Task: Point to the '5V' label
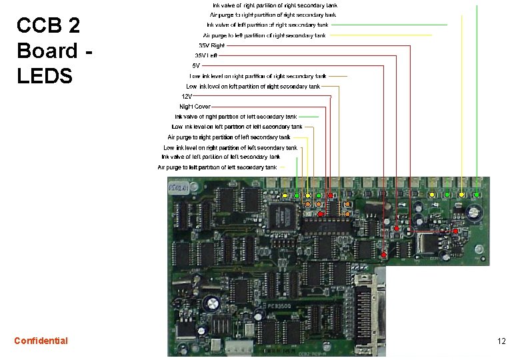click(196, 65)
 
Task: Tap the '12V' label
click(189, 96)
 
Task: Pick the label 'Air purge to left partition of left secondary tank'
click(217, 167)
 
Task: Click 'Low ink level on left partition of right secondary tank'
click(253, 86)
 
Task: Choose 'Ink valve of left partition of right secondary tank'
click(267, 25)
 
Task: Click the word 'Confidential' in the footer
click(41, 341)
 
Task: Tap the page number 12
click(501, 341)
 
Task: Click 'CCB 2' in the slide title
click(48, 26)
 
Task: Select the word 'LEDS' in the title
click(45, 76)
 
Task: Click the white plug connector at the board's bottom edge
click(238, 347)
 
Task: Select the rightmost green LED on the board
click(477, 195)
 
